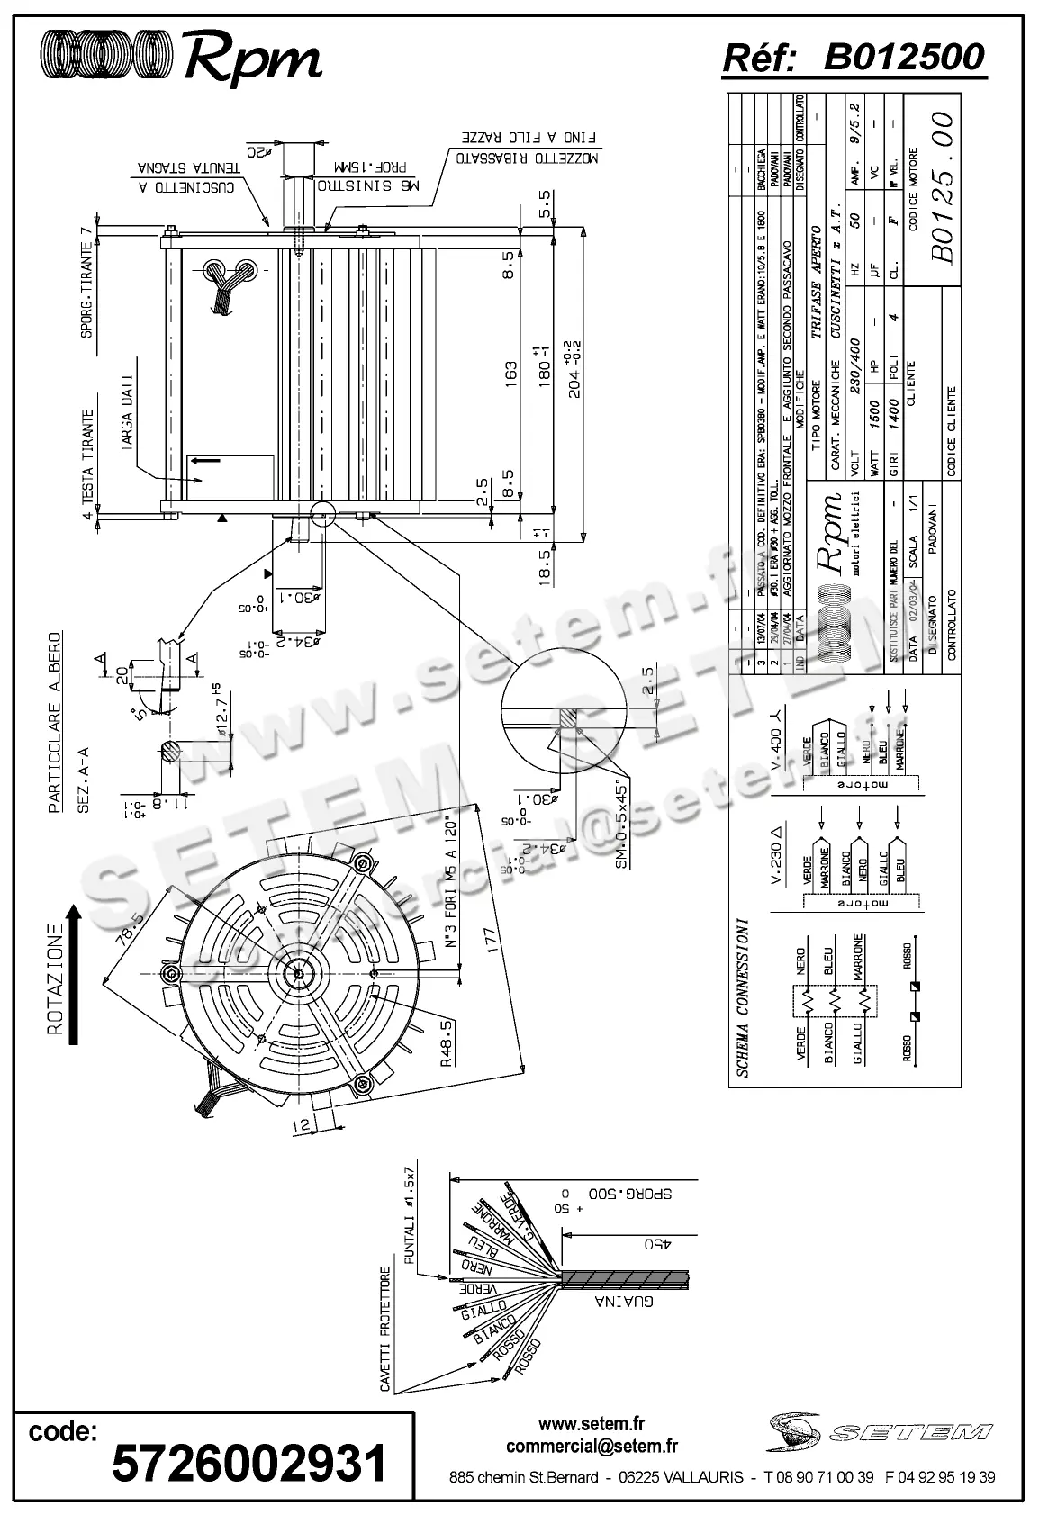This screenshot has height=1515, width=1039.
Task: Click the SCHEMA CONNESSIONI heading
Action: [742, 997]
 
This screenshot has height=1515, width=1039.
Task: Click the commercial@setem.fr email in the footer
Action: [592, 1447]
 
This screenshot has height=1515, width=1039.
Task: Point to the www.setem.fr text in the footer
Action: [592, 1424]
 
